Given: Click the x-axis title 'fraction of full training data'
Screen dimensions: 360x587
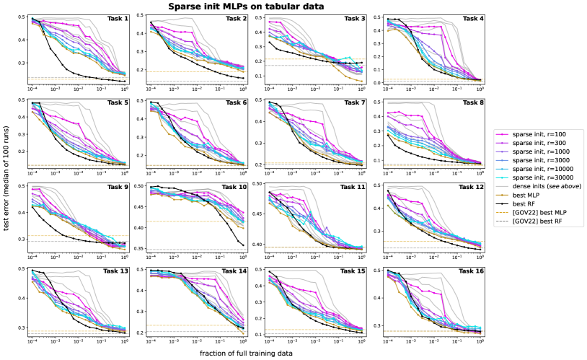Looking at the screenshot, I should pos(249,353).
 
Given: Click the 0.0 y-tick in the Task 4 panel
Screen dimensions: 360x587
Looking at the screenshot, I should pos(380,82).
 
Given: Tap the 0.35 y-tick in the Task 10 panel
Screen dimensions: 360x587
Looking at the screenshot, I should pos(141,249).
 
